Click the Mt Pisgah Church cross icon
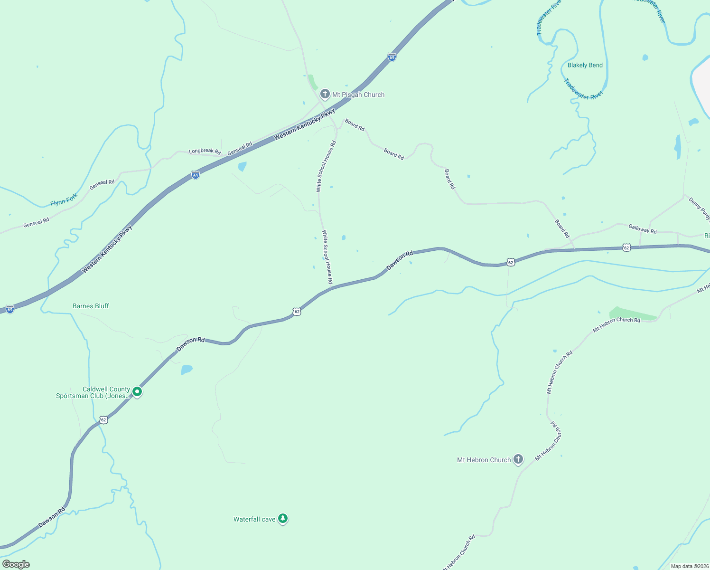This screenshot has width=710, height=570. click(325, 94)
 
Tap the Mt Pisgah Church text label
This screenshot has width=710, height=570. click(358, 95)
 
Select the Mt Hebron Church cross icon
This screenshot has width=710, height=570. click(518, 459)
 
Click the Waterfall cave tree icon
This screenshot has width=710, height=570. click(283, 518)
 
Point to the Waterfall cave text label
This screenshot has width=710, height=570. click(254, 519)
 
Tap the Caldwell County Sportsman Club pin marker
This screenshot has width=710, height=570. click(137, 392)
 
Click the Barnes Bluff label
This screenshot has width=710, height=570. click(91, 306)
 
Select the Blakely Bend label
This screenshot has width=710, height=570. click(585, 65)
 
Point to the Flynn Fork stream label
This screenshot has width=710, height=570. click(64, 199)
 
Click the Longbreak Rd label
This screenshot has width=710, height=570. click(205, 151)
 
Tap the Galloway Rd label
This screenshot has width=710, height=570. click(643, 229)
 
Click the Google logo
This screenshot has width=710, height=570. click(16, 564)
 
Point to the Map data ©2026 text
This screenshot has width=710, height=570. click(689, 566)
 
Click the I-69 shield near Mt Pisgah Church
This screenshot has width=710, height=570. click(392, 57)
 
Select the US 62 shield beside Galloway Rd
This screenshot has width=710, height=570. click(626, 248)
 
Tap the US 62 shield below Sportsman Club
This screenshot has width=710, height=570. click(104, 420)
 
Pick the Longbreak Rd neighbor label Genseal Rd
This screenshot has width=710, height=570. click(240, 149)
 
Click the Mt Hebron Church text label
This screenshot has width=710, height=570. click(484, 460)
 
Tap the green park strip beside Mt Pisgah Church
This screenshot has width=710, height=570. click(312, 82)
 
